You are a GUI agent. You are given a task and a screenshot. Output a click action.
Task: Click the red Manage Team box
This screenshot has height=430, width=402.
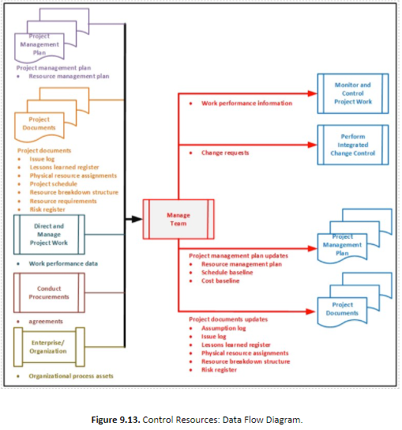point(178,219)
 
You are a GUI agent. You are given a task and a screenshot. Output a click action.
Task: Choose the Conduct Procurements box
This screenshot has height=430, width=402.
point(49,292)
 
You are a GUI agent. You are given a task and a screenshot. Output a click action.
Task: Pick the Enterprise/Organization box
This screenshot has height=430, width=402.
point(49,345)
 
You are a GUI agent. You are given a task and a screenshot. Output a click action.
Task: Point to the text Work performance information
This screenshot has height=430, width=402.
point(246,104)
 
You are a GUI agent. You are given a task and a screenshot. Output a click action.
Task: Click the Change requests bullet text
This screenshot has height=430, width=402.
point(225,153)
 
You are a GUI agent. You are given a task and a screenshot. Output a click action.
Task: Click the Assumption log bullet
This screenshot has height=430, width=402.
point(226,328)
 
